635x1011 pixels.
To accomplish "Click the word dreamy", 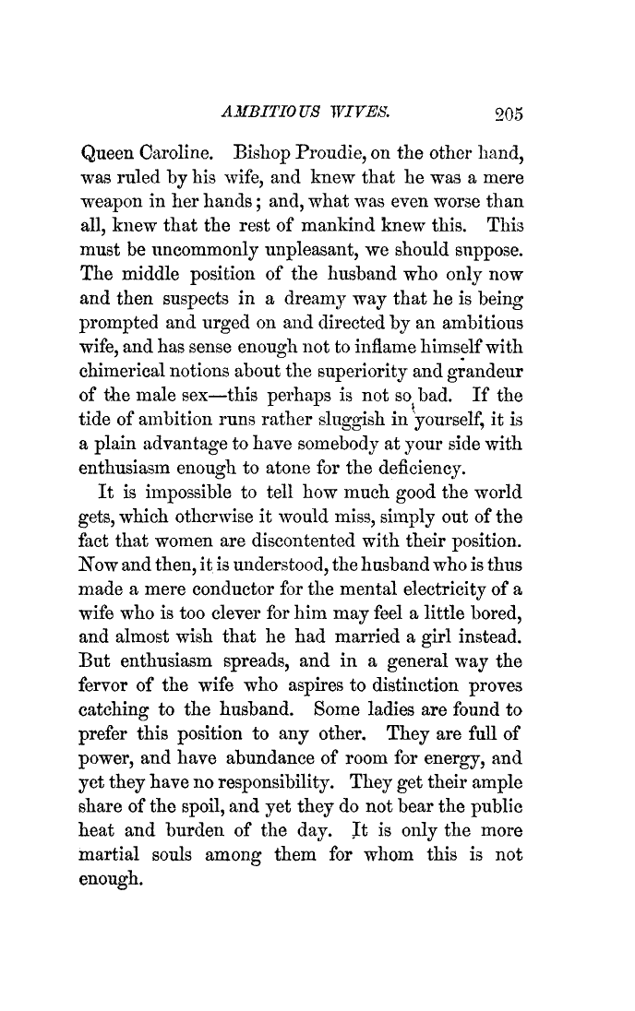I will click(x=321, y=299).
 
